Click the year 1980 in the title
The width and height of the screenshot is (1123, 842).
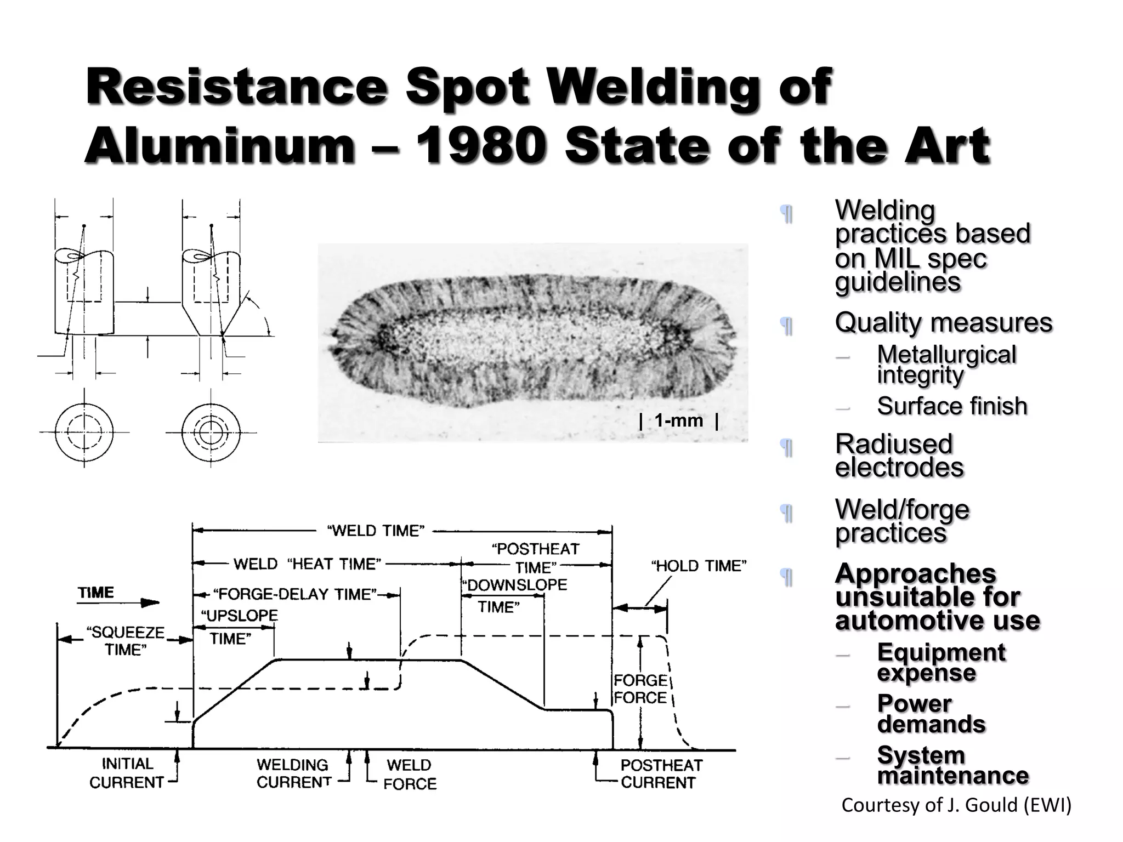pos(480,146)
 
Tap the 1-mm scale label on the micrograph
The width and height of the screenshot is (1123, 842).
pos(678,421)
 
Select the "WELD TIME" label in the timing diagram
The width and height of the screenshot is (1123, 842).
pos(376,531)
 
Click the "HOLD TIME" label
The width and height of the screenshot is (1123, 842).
pos(699,566)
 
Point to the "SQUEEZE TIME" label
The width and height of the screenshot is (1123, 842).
pos(126,641)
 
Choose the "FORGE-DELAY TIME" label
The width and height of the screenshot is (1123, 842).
pos(294,594)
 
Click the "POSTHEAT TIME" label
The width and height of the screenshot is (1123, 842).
pos(536,557)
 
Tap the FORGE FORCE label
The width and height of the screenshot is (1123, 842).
pos(640,689)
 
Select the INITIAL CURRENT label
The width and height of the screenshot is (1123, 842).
pos(127,773)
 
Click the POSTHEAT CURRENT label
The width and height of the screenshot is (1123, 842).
pos(661,773)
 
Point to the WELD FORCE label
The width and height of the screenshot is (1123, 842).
pos(410,774)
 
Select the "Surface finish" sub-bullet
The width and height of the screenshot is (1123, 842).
pos(951,406)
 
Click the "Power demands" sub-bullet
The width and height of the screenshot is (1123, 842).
pos(931,714)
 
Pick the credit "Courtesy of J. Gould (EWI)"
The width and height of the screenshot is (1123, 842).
pos(956,805)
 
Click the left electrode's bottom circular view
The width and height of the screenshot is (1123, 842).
pos(84,432)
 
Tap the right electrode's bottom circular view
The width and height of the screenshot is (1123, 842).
pos(211,432)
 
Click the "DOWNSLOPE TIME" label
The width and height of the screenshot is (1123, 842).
pos(513,595)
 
